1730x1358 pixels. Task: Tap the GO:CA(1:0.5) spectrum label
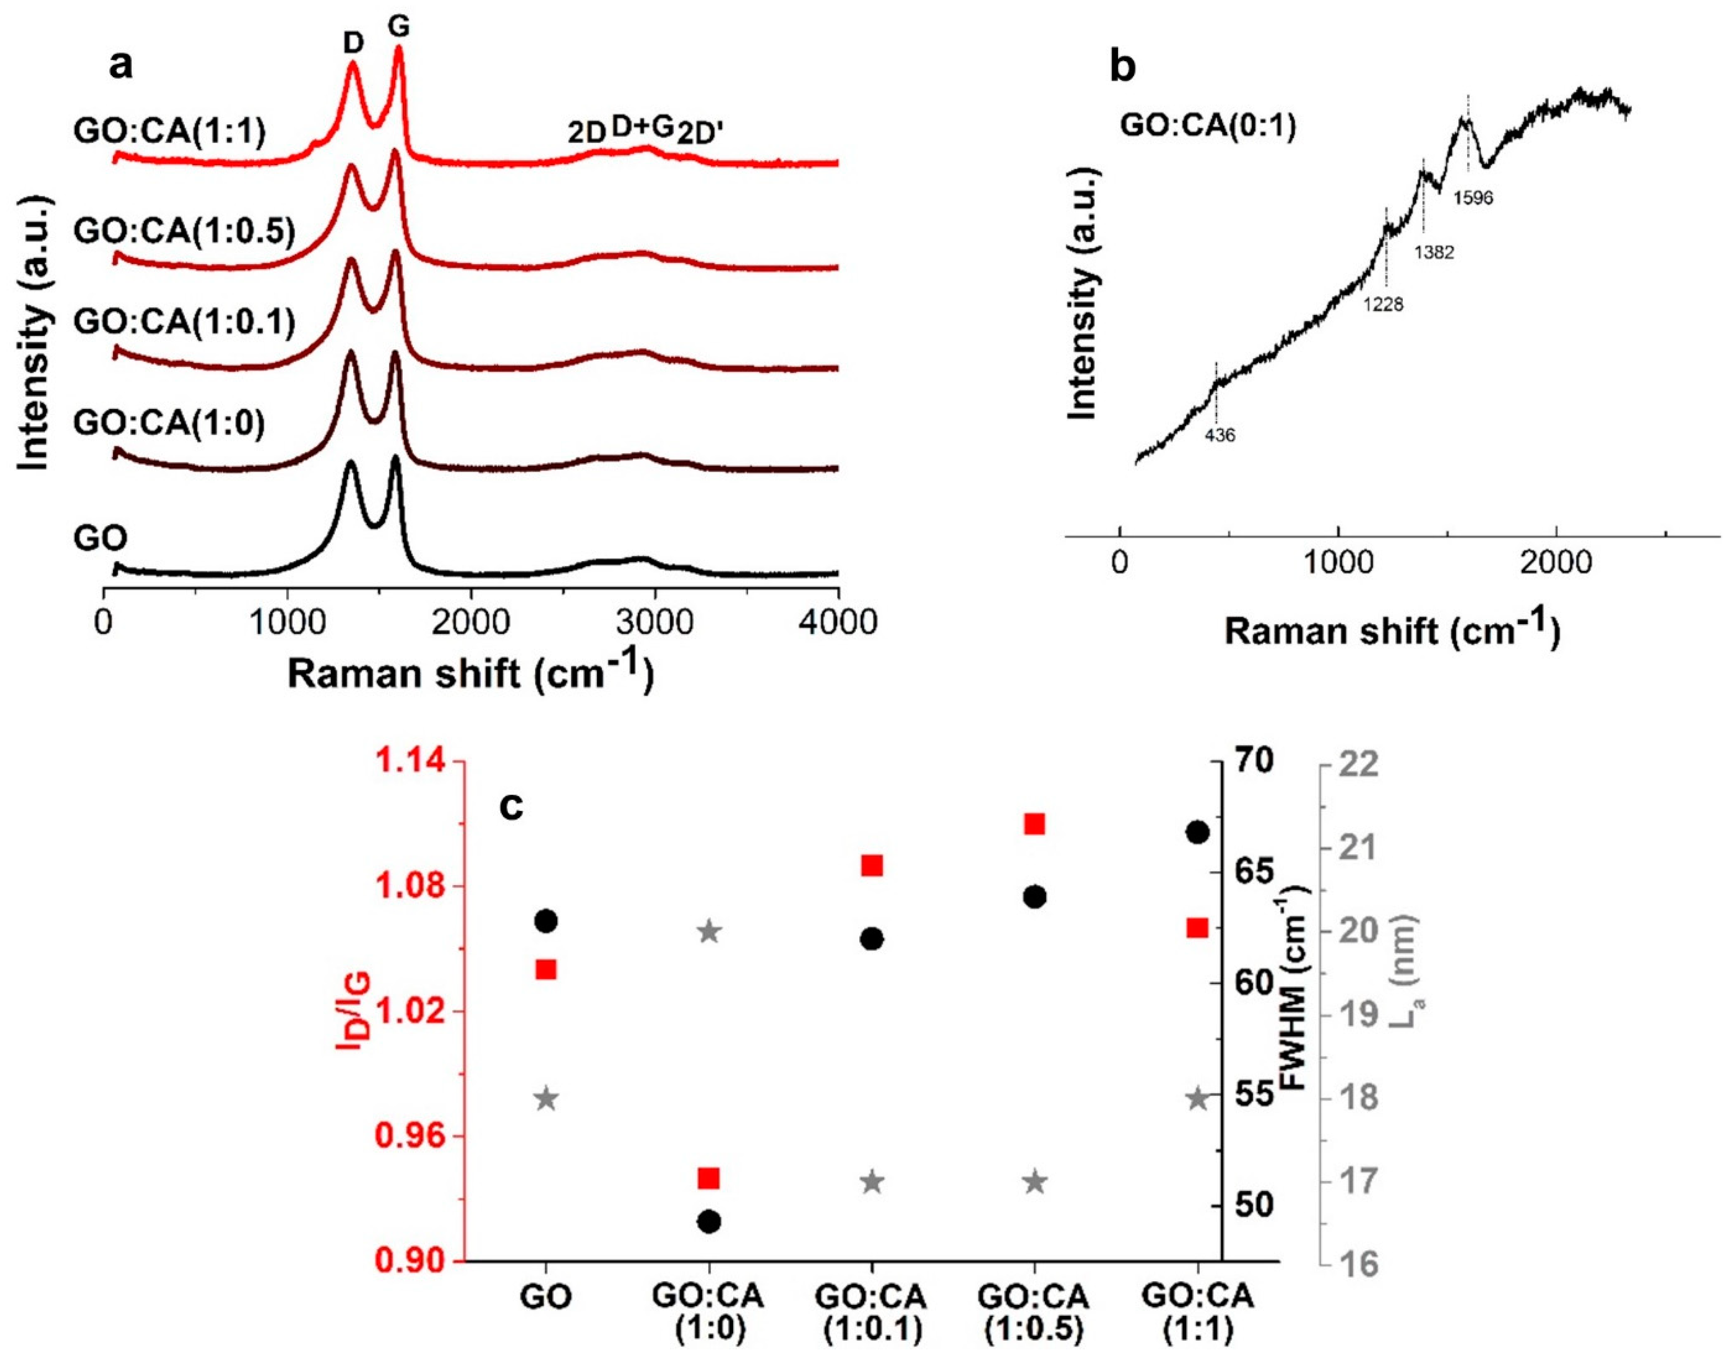pos(184,231)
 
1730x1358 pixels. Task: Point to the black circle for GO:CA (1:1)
pos(1198,832)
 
